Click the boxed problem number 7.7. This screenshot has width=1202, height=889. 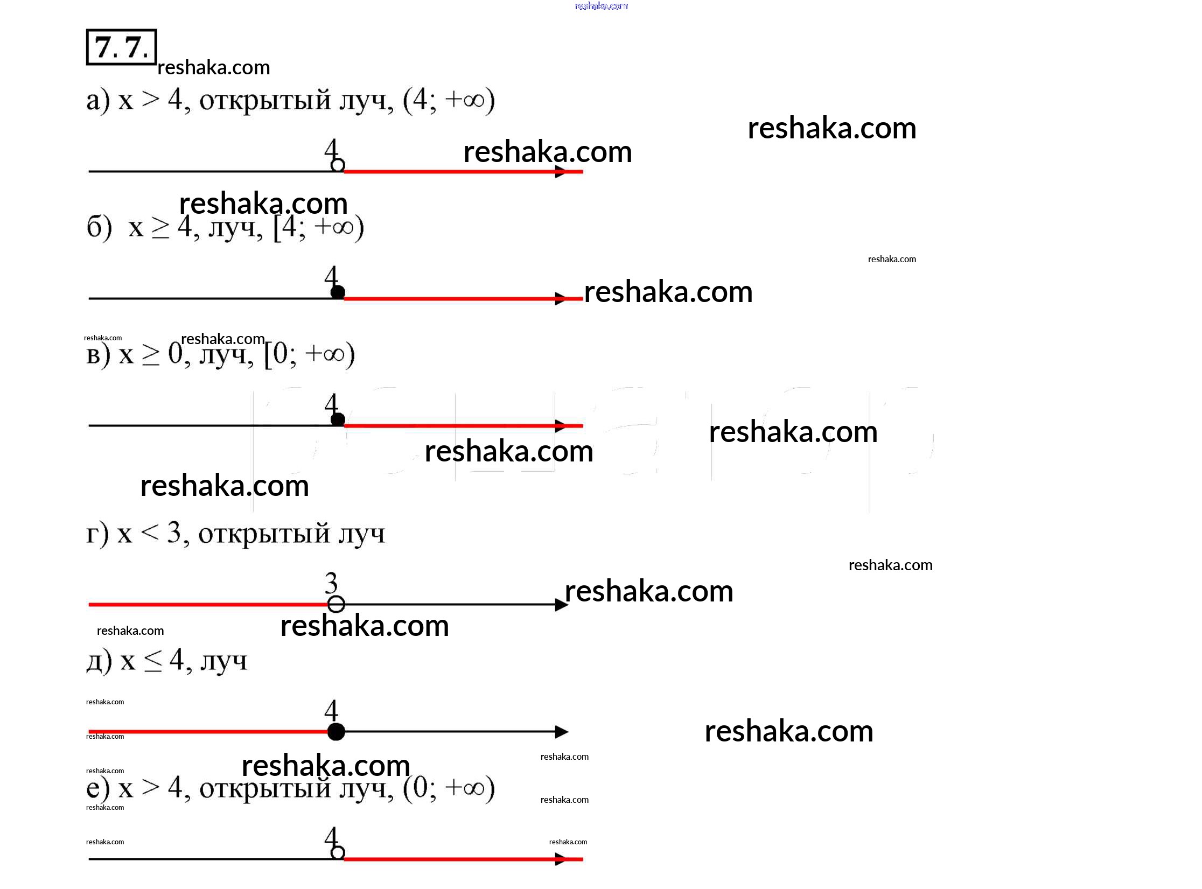(x=121, y=47)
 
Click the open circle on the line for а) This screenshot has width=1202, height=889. (x=338, y=165)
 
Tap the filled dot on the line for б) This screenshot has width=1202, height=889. (x=338, y=292)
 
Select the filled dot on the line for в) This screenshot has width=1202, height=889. (x=338, y=419)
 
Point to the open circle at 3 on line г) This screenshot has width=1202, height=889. (x=336, y=604)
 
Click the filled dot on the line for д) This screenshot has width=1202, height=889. (x=336, y=732)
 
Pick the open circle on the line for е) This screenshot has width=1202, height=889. (x=338, y=852)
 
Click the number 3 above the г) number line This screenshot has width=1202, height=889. (x=331, y=584)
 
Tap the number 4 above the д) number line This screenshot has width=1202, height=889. (x=331, y=711)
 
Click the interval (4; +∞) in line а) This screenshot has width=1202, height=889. (x=449, y=100)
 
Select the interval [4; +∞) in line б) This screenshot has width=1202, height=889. (x=318, y=228)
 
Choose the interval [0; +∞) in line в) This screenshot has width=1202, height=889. (x=309, y=355)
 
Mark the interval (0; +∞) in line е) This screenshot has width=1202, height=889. (x=449, y=788)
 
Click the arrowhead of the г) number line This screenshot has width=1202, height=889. (x=561, y=605)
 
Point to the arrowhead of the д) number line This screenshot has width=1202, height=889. (x=561, y=732)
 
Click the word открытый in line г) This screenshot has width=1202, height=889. (x=264, y=534)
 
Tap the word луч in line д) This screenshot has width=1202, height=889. (x=224, y=661)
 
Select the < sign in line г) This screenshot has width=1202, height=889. (x=150, y=533)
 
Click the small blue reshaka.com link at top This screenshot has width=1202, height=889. (x=601, y=6)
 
